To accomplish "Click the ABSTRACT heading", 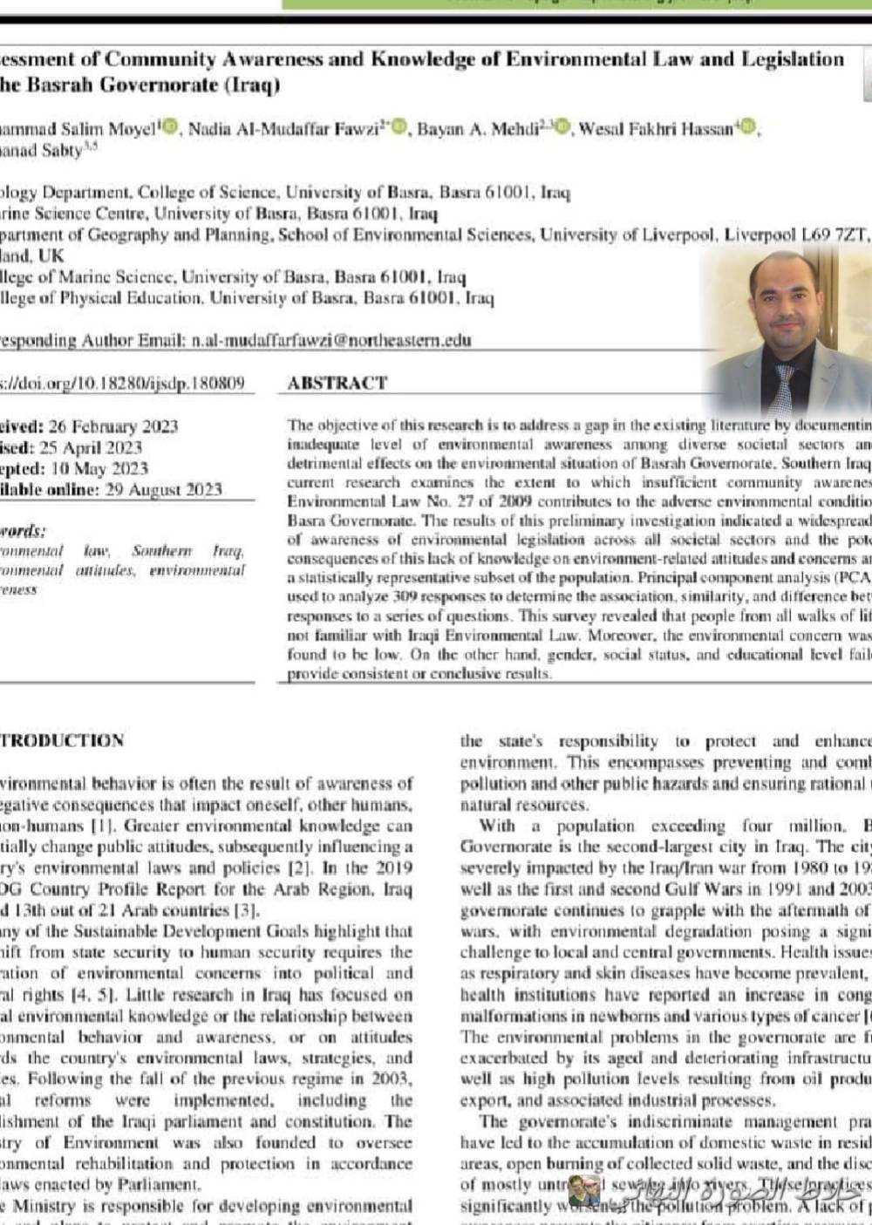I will pos(337,383).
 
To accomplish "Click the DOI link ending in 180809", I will pos(122,383).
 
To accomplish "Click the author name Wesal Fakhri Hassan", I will pos(656,129).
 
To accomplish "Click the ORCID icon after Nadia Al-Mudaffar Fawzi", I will pos(399,128).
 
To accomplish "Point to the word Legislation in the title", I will pos(793,59).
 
